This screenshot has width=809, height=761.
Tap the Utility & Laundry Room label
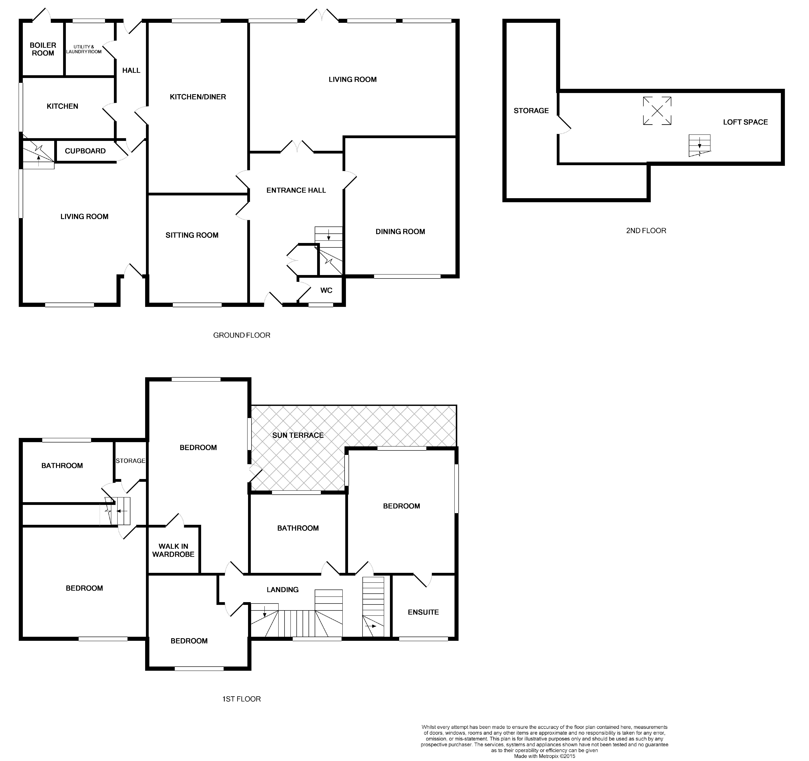84,49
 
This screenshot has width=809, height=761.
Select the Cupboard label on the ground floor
85,151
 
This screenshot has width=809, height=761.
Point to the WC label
326,290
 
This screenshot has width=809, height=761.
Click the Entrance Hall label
296,190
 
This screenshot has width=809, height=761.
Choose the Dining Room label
400,232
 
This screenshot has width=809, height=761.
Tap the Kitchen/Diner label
198,97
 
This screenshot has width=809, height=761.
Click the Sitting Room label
192,235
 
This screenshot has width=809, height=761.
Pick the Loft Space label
746,122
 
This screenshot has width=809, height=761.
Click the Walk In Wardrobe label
173,550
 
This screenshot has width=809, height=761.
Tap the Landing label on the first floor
283,590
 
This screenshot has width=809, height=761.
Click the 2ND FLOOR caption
646,231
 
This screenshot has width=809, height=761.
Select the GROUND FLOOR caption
242,335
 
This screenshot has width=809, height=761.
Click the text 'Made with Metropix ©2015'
544,756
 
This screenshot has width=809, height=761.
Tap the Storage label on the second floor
531,111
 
